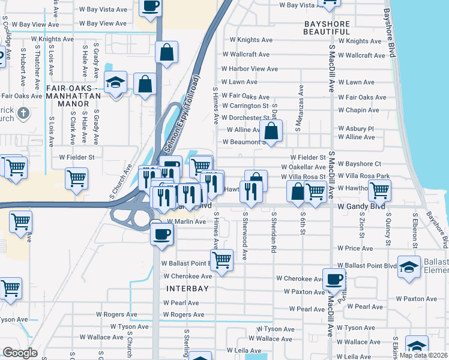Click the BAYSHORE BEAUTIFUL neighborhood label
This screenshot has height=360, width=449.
tap(327, 28)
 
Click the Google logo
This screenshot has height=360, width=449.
tap(20, 353)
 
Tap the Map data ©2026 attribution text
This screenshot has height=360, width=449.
tap(423, 355)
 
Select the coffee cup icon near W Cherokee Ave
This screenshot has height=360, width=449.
tap(334, 278)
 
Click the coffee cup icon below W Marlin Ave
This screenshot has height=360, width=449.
tap(161, 233)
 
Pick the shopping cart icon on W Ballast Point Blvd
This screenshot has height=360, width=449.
tap(221, 260)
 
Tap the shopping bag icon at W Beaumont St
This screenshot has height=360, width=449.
tap(271, 131)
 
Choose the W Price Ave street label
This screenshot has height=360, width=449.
tap(355, 248)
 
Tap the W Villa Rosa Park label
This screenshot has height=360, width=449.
tap(364, 176)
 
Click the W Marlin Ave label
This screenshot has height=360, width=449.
tap(186, 221)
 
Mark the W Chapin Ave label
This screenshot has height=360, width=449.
tap(358, 110)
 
